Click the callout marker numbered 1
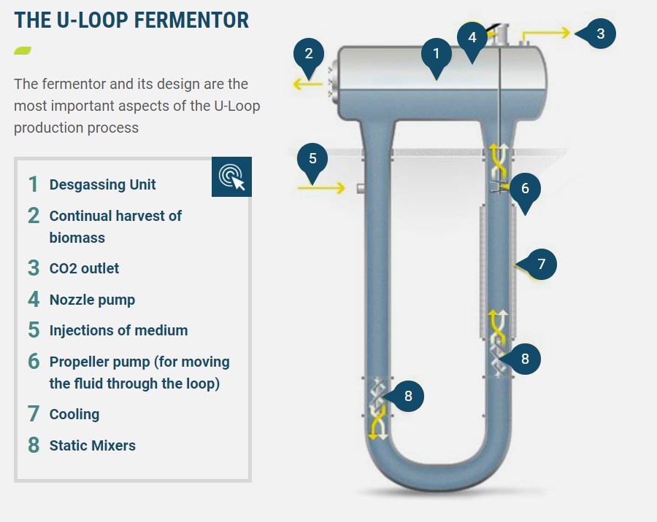coord(437,55)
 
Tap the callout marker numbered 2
coord(309,55)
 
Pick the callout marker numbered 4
coord(472,38)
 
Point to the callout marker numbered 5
coord(312,159)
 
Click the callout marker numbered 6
coord(525,190)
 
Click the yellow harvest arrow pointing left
coord(308,84)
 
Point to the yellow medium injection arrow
coord(321,188)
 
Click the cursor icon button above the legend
coord(231,176)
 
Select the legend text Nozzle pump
coord(92,300)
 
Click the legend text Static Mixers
coord(93,445)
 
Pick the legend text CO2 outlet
coord(84,268)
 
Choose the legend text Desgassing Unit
coord(103,184)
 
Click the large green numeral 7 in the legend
coord(34,414)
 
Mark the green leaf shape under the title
coord(23,50)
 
